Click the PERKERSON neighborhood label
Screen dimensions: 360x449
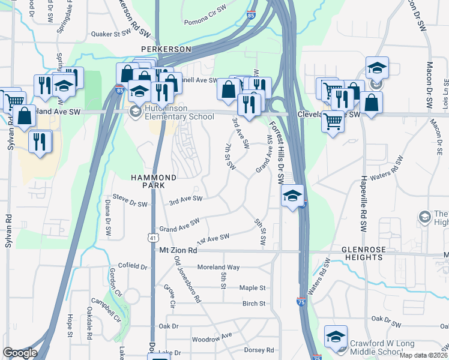pyautogui.click(x=166, y=49)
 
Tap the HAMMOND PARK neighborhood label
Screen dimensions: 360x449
pyautogui.click(x=154, y=182)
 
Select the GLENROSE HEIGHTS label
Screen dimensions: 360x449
pyautogui.click(x=370, y=253)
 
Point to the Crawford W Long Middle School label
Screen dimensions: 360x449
pyautogui.click(x=381, y=347)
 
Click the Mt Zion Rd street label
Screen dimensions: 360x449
pyautogui.click(x=178, y=250)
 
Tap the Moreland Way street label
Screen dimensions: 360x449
pyautogui.click(x=219, y=267)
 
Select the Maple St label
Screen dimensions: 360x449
pyautogui.click(x=252, y=288)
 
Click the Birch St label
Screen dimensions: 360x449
pyautogui.click(x=254, y=304)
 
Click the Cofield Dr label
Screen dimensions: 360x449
pyautogui.click(x=133, y=266)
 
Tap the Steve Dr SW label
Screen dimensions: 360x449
pyautogui.click(x=130, y=204)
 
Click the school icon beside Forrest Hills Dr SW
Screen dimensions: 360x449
pyautogui.click(x=292, y=196)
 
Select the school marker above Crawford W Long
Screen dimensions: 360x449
pyautogui.click(x=336, y=335)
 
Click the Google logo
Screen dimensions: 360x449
pyautogui.click(x=20, y=353)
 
